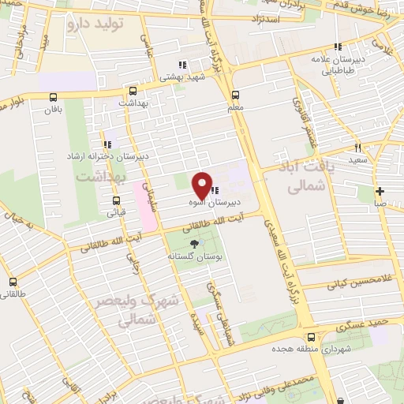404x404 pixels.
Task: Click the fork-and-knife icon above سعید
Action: tap(357, 148)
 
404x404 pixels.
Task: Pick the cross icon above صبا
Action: tap(380, 191)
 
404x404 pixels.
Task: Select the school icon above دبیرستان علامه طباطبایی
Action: tap(339, 47)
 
